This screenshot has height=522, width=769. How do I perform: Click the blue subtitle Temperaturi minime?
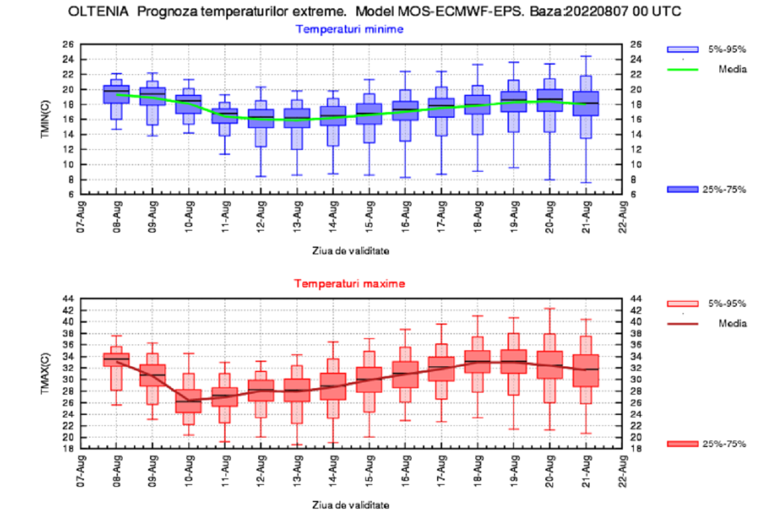[x=349, y=29]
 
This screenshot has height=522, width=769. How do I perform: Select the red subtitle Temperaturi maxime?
[x=349, y=283]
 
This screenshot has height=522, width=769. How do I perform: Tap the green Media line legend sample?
[x=682, y=69]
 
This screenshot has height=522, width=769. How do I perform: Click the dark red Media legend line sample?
[x=682, y=323]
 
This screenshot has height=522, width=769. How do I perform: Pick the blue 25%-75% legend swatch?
[x=682, y=189]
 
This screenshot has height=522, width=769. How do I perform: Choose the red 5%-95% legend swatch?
[x=682, y=303]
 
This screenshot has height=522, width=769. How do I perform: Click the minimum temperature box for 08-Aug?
[x=116, y=94]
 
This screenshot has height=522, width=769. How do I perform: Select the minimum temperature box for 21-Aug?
[x=586, y=104]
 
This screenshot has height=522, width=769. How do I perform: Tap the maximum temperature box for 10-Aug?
[x=188, y=401]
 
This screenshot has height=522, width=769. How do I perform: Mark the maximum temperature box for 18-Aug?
[x=477, y=361]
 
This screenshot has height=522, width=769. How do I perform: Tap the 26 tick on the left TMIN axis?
[x=68, y=44]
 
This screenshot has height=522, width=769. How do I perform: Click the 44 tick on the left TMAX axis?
[x=68, y=298]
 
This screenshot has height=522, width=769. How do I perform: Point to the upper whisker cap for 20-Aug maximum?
[x=550, y=308]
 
